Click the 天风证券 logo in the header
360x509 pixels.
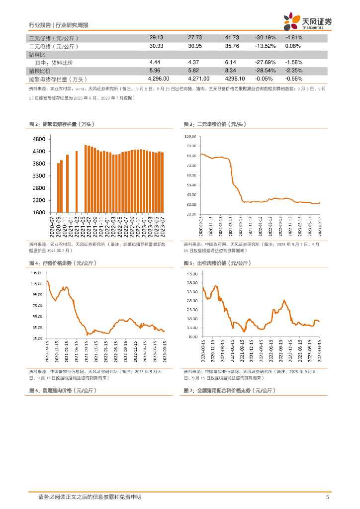tap(307, 21)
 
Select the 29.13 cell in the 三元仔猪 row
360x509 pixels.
tap(156, 38)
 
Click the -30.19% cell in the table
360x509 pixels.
tap(265, 38)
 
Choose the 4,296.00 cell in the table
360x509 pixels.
tap(159, 79)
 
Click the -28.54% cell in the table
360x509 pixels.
tap(265, 71)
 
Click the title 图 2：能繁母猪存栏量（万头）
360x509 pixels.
tap(62, 124)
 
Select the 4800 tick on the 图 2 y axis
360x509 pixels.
tap(40, 139)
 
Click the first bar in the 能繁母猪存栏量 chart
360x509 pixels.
tap(58, 188)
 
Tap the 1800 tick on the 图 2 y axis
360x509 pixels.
tap(40, 213)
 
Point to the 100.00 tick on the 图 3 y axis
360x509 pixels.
tap(190, 136)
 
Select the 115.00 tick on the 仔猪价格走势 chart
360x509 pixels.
tap(36, 284)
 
